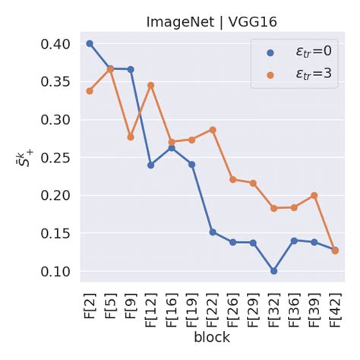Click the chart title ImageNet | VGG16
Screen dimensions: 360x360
pyautogui.click(x=212, y=22)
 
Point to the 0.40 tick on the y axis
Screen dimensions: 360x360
pyautogui.click(x=60, y=44)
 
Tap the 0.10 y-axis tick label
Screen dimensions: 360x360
pyautogui.click(x=60, y=271)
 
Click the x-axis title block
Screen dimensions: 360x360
pyautogui.click(x=212, y=337)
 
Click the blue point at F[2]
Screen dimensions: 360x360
pyautogui.click(x=90, y=43)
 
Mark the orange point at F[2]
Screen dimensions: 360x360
pyautogui.click(x=90, y=91)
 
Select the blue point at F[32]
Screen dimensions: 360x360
pyautogui.click(x=273, y=270)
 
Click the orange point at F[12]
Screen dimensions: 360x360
pyautogui.click(x=151, y=85)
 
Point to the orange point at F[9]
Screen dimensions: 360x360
pyautogui.click(x=131, y=137)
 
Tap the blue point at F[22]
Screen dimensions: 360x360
pyautogui.click(x=213, y=232)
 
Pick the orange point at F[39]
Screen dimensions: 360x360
pyautogui.click(x=314, y=195)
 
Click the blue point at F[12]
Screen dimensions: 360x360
pyautogui.click(x=151, y=165)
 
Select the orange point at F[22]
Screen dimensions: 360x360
pyautogui.click(x=213, y=130)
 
